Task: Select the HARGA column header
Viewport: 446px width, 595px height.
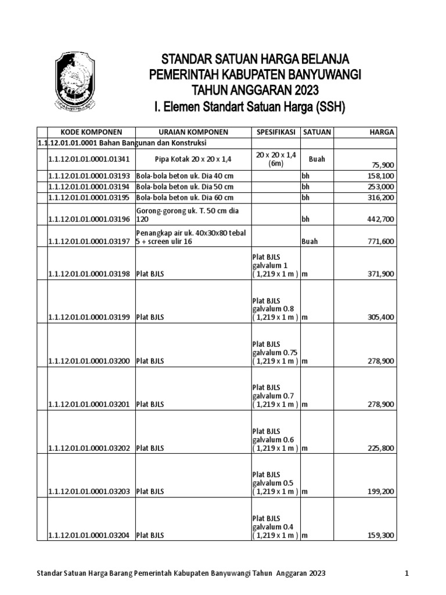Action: coord(382,132)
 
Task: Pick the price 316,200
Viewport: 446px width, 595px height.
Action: coord(381,198)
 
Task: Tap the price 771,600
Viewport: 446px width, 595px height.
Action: coord(381,241)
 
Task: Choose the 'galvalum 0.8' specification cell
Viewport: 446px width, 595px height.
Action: coord(275,309)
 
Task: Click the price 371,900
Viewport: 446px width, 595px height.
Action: coord(381,274)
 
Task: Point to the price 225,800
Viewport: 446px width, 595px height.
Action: coord(381,448)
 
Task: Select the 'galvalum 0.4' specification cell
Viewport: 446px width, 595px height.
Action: coord(275,526)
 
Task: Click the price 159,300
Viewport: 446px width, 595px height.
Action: coord(381,535)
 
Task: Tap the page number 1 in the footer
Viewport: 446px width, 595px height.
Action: coord(408,574)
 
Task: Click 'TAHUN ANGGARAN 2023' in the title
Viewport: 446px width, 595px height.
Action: coord(255,90)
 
